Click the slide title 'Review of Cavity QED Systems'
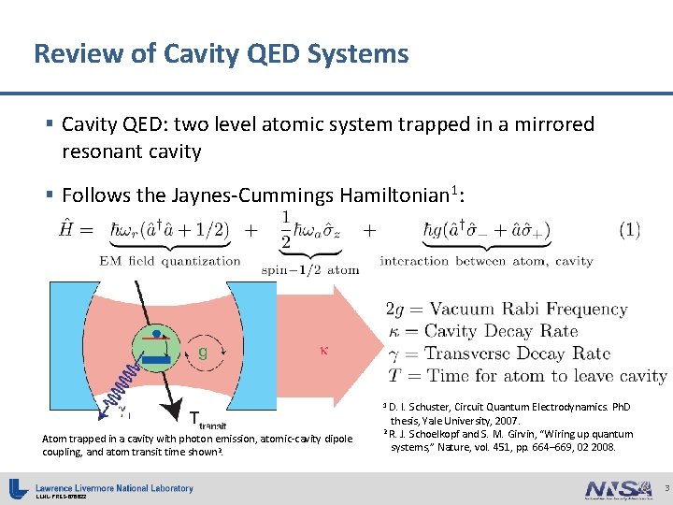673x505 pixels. [221, 53]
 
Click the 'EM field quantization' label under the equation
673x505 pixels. [170, 262]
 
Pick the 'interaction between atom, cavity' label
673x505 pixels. [486, 262]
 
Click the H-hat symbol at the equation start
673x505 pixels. [57, 228]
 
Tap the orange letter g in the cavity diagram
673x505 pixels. [203, 353]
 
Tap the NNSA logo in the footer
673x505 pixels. [617, 488]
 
